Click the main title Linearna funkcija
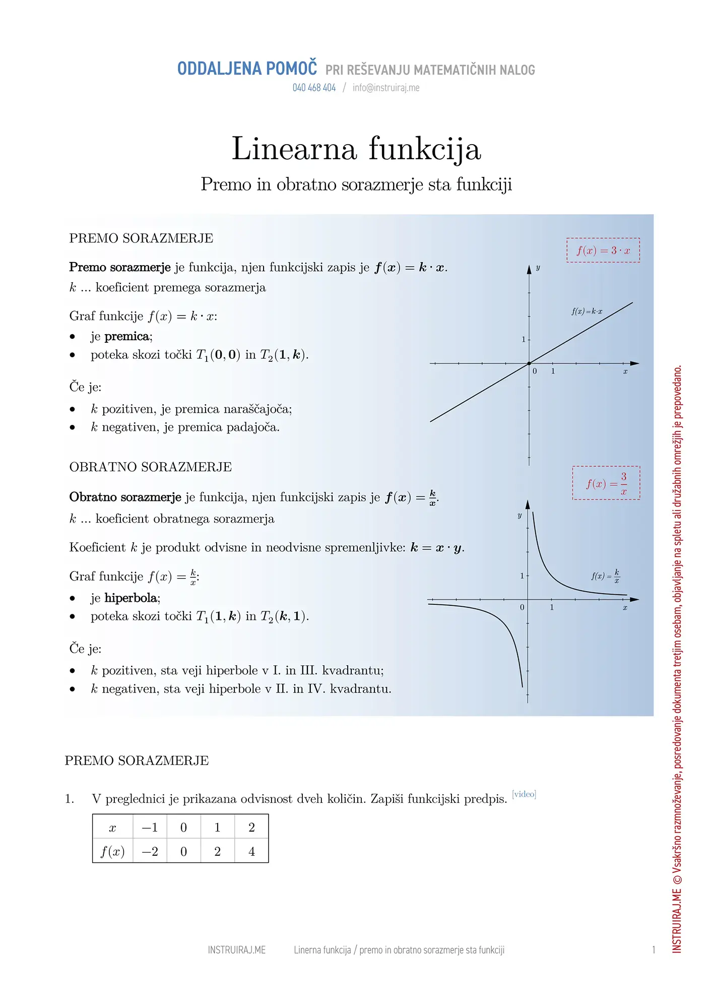coord(356,149)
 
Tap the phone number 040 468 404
coord(314,88)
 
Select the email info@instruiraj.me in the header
coord(386,88)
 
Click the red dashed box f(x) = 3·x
coord(603,250)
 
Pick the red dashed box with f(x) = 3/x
coord(606,483)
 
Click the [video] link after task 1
coord(524,794)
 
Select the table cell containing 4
coord(251,851)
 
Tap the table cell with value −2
coord(150,851)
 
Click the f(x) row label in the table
coord(112,851)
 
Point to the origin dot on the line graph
coord(529,363)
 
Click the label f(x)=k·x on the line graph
coord(587,311)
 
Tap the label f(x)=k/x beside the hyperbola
coord(605,576)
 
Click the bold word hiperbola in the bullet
coord(131,598)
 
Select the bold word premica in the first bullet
coord(127,337)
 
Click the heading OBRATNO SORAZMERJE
coord(150,467)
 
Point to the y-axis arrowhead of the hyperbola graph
coord(528,505)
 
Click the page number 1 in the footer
coord(654,950)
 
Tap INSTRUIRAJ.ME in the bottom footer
coord(237,950)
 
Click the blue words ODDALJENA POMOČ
coord(247,69)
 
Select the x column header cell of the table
coord(112,828)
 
